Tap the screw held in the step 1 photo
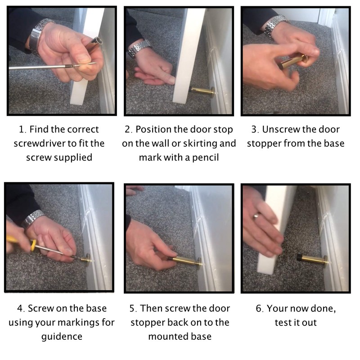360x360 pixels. click(x=85, y=65)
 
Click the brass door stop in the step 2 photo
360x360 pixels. click(x=202, y=92)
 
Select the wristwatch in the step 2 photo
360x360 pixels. click(x=139, y=48)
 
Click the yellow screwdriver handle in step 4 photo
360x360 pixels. click(x=21, y=242)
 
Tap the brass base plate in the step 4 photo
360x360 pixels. click(x=88, y=260)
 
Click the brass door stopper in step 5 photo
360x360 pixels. click(x=186, y=261)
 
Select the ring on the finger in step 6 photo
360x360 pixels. click(x=256, y=216)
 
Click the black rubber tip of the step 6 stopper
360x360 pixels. click(x=300, y=257)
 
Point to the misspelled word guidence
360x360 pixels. click(x=62, y=337)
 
